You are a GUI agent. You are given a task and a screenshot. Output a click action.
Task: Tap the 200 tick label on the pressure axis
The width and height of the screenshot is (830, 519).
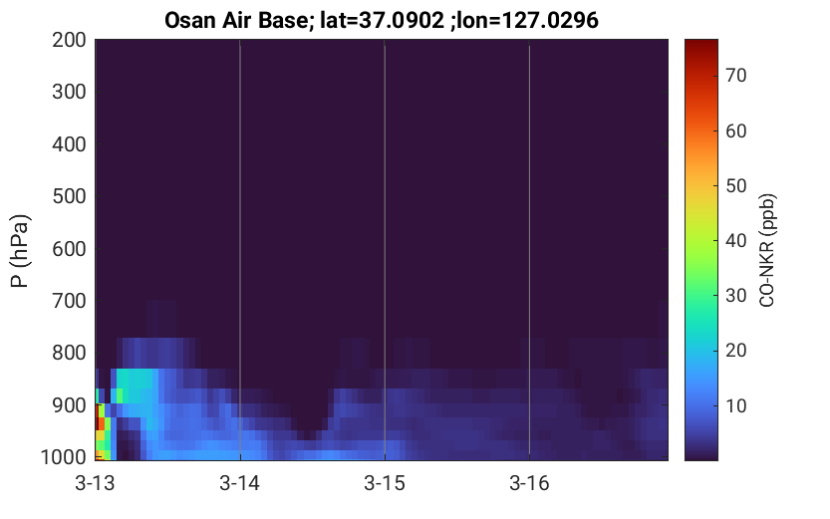[69, 40]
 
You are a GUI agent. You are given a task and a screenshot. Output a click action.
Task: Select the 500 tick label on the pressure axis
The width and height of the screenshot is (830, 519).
[69, 196]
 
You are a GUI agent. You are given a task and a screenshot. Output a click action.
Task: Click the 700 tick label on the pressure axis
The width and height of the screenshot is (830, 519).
[69, 301]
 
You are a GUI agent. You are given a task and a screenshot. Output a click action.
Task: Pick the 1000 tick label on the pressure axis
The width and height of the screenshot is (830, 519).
[64, 456]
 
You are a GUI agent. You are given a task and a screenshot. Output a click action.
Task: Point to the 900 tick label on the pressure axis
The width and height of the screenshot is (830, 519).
[69, 405]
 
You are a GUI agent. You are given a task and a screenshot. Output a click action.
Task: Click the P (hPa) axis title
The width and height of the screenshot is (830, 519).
[20, 251]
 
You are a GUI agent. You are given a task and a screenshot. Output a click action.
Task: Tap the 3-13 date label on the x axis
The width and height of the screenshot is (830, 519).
[96, 483]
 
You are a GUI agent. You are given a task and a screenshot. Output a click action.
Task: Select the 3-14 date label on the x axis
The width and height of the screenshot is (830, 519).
[240, 483]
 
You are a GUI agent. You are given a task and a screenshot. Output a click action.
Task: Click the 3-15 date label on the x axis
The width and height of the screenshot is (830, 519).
[385, 483]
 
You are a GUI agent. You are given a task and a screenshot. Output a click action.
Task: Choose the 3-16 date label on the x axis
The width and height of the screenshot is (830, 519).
[529, 483]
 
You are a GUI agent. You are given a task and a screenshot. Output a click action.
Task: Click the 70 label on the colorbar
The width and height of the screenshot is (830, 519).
[735, 76]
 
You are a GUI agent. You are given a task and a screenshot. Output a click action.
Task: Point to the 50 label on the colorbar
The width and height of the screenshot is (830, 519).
[735, 185]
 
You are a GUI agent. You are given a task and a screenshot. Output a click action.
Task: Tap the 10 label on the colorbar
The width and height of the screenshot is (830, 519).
[735, 405]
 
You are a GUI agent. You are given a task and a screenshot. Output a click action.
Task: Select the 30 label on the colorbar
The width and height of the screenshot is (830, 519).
[735, 296]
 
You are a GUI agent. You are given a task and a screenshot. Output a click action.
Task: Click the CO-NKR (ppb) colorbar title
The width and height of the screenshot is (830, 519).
[767, 250]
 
